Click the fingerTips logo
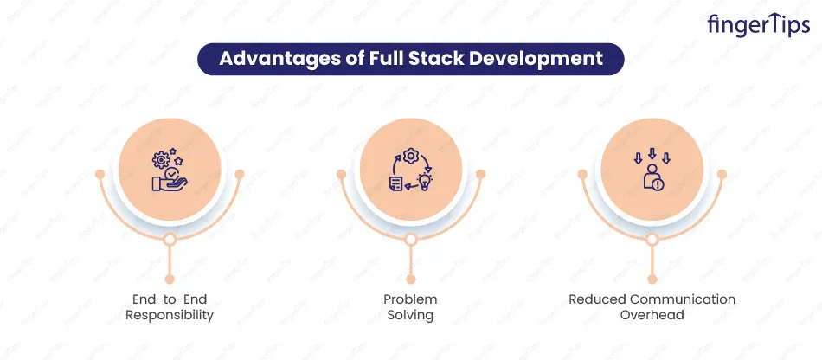pyautogui.click(x=758, y=25)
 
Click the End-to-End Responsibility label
pyautogui.click(x=170, y=307)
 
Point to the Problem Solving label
pyautogui.click(x=410, y=307)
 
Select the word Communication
pyautogui.click(x=683, y=299)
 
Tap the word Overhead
pyautogui.click(x=652, y=315)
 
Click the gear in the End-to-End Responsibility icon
pyautogui.click(x=161, y=159)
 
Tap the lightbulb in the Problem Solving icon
pyautogui.click(x=423, y=182)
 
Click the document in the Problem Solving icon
pyautogui.click(x=397, y=183)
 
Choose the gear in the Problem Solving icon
pyautogui.click(x=410, y=156)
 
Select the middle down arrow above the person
pyautogui.click(x=652, y=153)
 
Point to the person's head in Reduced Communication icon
pyautogui.click(x=652, y=169)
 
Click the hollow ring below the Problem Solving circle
pyautogui.click(x=411, y=240)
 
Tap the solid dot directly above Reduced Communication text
pyautogui.click(x=652, y=280)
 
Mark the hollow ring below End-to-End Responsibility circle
pyautogui.click(x=170, y=240)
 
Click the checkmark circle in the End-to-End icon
pyautogui.click(x=170, y=173)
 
